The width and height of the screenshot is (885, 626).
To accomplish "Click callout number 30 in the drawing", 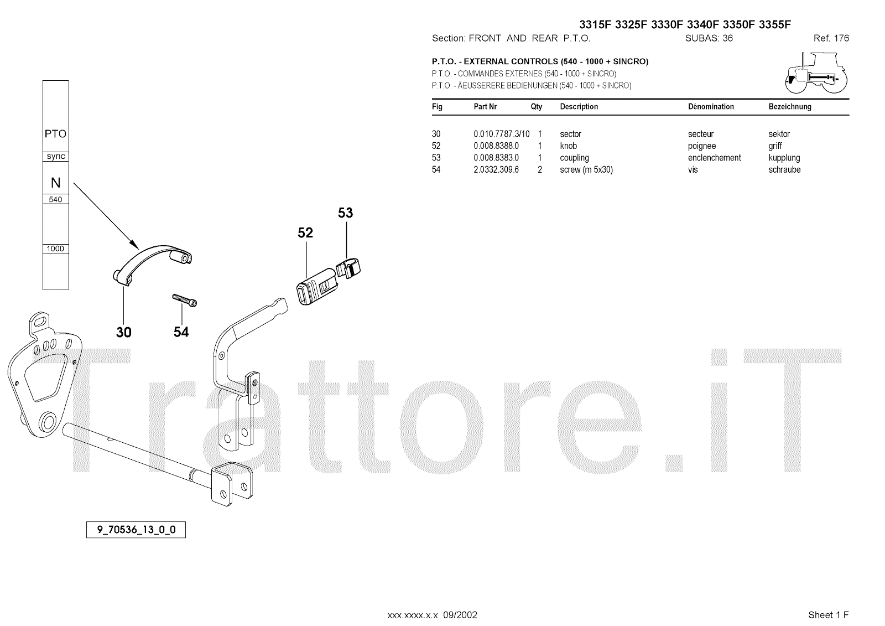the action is (x=124, y=332).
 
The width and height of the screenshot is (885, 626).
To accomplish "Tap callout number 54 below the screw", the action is (x=181, y=332).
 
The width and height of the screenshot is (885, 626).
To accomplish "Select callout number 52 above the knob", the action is (x=305, y=233).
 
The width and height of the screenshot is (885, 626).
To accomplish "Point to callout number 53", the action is (x=345, y=213).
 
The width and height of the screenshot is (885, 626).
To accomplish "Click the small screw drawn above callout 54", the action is (x=185, y=299).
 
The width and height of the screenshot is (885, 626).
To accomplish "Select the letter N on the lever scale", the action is (x=55, y=183).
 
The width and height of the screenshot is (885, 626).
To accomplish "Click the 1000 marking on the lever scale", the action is (x=55, y=249).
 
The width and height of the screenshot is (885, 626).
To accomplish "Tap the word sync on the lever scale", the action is (x=56, y=157).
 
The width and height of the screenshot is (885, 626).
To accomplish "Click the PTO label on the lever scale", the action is (x=55, y=134).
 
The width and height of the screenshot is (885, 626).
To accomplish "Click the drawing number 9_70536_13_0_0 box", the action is (x=136, y=530).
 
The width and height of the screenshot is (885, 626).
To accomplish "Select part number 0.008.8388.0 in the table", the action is (x=496, y=146).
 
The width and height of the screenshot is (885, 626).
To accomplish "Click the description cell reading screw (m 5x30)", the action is (x=586, y=170).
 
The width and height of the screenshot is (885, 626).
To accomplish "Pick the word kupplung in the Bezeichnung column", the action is (x=784, y=158).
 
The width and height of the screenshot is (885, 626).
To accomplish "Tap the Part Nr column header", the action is (x=485, y=107).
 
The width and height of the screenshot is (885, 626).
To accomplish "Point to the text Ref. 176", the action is (x=831, y=38).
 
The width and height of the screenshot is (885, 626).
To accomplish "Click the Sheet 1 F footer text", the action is (x=828, y=615).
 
